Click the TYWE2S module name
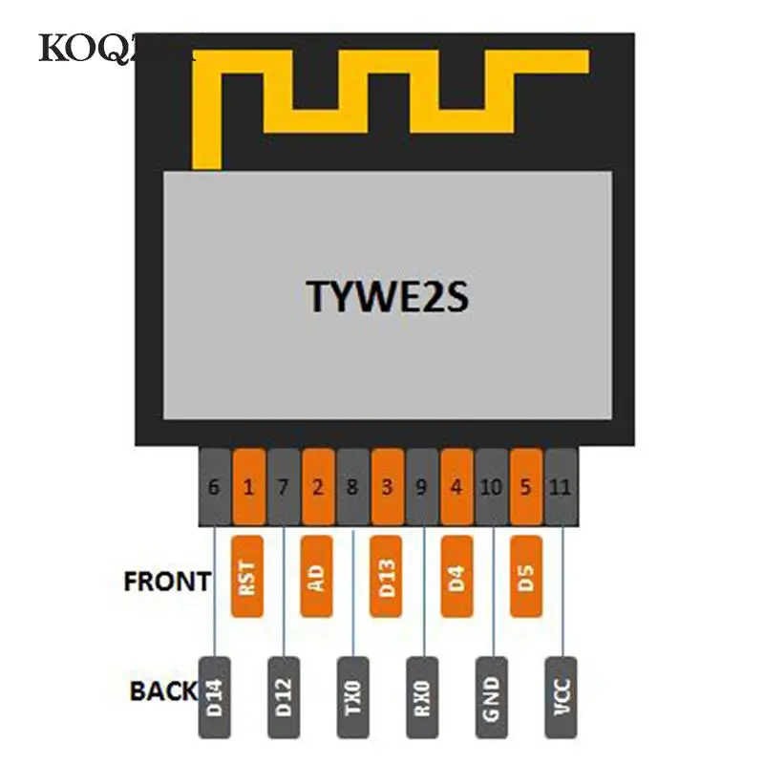click(388, 297)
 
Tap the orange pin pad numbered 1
click(248, 487)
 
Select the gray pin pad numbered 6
click(214, 487)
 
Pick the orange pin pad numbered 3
click(387, 487)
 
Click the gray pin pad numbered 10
click(492, 487)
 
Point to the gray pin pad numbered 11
click(561, 487)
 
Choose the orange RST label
click(248, 576)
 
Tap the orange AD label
click(317, 576)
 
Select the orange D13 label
click(387, 576)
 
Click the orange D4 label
click(456, 576)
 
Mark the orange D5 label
click(526, 576)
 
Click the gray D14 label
click(214, 698)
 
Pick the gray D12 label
click(284, 698)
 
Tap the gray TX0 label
click(352, 698)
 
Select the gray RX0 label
click(422, 698)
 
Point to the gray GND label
click(492, 698)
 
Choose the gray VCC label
click(561, 698)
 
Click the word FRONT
click(167, 582)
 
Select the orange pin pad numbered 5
click(526, 487)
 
